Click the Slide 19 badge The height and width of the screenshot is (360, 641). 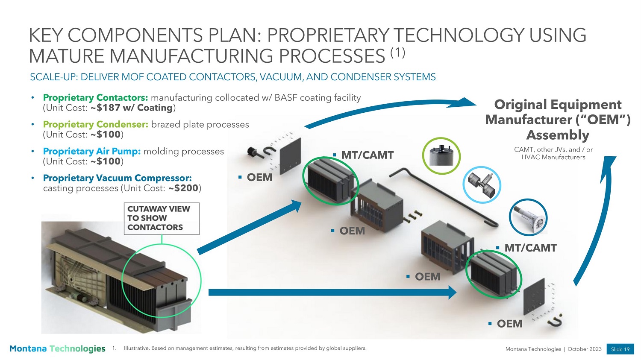point(620,349)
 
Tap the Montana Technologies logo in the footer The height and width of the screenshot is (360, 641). point(57,349)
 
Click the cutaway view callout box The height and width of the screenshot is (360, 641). point(162,219)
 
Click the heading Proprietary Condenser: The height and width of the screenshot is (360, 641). point(96,124)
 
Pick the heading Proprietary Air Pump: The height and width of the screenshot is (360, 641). point(92,151)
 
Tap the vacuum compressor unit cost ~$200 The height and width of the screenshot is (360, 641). point(183,188)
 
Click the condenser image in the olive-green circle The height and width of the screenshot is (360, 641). point(441,156)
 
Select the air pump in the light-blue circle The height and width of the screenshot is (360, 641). point(482,185)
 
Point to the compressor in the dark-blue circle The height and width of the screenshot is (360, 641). point(528,217)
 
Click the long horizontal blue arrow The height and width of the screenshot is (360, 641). point(332,292)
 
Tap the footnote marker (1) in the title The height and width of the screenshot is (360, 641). point(398,53)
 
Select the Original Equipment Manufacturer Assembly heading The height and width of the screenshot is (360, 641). point(558,120)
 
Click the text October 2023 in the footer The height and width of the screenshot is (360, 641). point(585,349)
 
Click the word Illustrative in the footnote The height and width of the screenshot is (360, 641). point(136,348)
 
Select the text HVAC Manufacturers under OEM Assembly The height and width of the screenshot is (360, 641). point(553,157)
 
